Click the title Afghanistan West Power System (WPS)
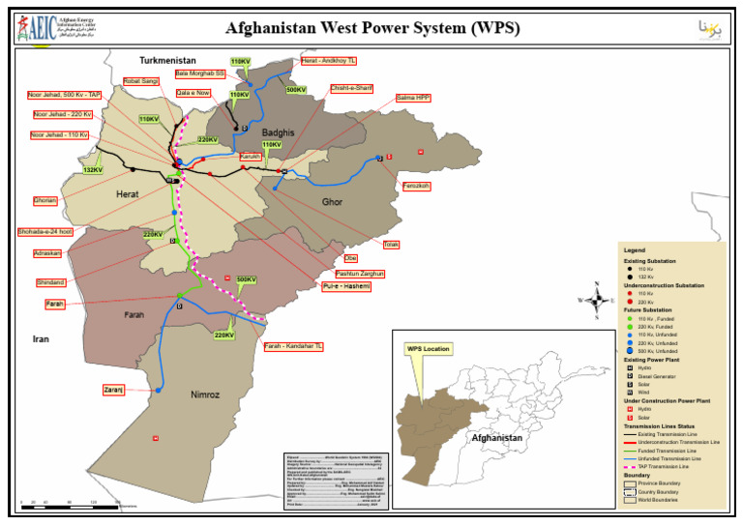(x=371, y=28)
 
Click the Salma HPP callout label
(x=414, y=98)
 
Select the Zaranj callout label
(x=113, y=390)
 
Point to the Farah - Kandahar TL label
(x=293, y=346)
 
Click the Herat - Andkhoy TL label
(x=329, y=60)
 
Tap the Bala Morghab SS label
(x=200, y=73)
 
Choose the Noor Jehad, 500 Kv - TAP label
(x=66, y=95)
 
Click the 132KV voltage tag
(x=93, y=170)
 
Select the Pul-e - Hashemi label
(x=346, y=286)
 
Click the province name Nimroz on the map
(x=206, y=394)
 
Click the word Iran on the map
(x=41, y=339)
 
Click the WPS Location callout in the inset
(x=429, y=348)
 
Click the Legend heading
(x=634, y=250)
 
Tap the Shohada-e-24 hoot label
(x=45, y=232)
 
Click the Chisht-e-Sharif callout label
(x=351, y=88)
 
